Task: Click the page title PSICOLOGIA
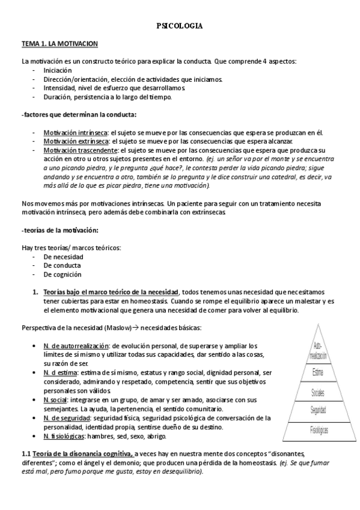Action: [x=179, y=26]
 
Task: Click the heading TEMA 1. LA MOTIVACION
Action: [x=55, y=45]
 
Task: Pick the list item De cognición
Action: [x=63, y=274]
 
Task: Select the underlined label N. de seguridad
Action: [x=67, y=401]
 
